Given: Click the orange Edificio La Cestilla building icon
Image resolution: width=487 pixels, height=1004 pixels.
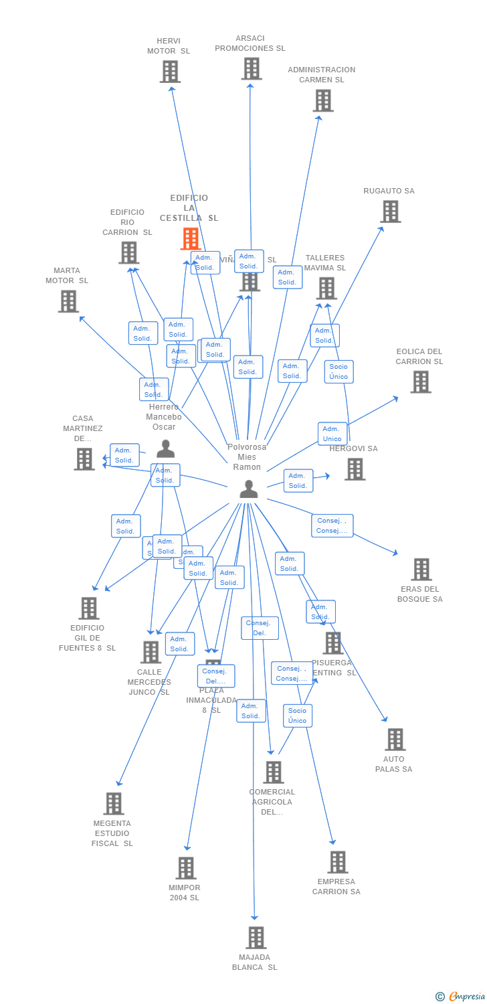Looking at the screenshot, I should pos(191,239).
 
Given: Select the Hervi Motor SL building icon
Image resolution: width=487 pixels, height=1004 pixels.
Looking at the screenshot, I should pos(170,72).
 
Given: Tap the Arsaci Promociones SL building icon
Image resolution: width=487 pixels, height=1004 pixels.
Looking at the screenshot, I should pos(251,68).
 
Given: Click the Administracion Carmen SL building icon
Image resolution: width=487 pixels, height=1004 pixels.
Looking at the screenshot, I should pos(323,100).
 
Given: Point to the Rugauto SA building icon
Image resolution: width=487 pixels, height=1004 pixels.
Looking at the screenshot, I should pos(391,212).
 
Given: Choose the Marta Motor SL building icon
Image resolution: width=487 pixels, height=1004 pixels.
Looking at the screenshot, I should pos(68,301).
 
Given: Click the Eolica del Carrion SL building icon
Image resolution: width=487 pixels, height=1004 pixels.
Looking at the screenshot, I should pos(420,382).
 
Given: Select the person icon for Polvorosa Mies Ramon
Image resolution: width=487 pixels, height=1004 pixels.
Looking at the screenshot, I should pos(248,489).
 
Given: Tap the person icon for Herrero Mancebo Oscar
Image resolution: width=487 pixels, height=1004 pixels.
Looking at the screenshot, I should pos(165,449).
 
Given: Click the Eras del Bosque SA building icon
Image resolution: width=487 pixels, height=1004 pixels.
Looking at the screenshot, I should pos(421,570).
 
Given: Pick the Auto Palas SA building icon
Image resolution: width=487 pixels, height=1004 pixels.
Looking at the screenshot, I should pos(395,740).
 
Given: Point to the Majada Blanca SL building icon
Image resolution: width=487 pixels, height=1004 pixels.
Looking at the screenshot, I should pos(256,938).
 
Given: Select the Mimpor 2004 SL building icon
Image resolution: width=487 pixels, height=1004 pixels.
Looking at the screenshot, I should pos(185,868).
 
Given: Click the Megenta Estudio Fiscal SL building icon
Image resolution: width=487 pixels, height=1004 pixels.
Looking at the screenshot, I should pos(114,804).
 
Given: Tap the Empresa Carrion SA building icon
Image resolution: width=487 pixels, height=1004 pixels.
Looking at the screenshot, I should pos(337,862).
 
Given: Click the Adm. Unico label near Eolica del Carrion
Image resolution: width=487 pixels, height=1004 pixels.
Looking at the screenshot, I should pos(332,434).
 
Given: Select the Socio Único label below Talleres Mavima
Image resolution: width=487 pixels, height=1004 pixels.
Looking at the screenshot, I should pos(338,371).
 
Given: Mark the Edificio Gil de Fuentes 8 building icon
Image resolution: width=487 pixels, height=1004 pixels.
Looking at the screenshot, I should pos(89,608).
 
